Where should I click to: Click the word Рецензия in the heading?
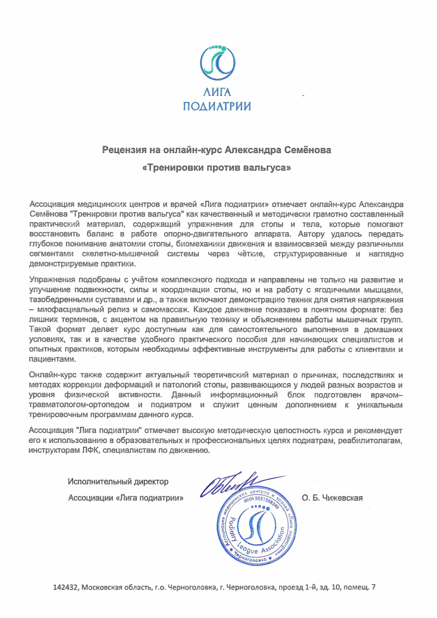click(125, 149)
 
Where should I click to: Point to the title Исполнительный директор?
click(118, 482)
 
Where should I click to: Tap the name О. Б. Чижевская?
click(332, 498)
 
